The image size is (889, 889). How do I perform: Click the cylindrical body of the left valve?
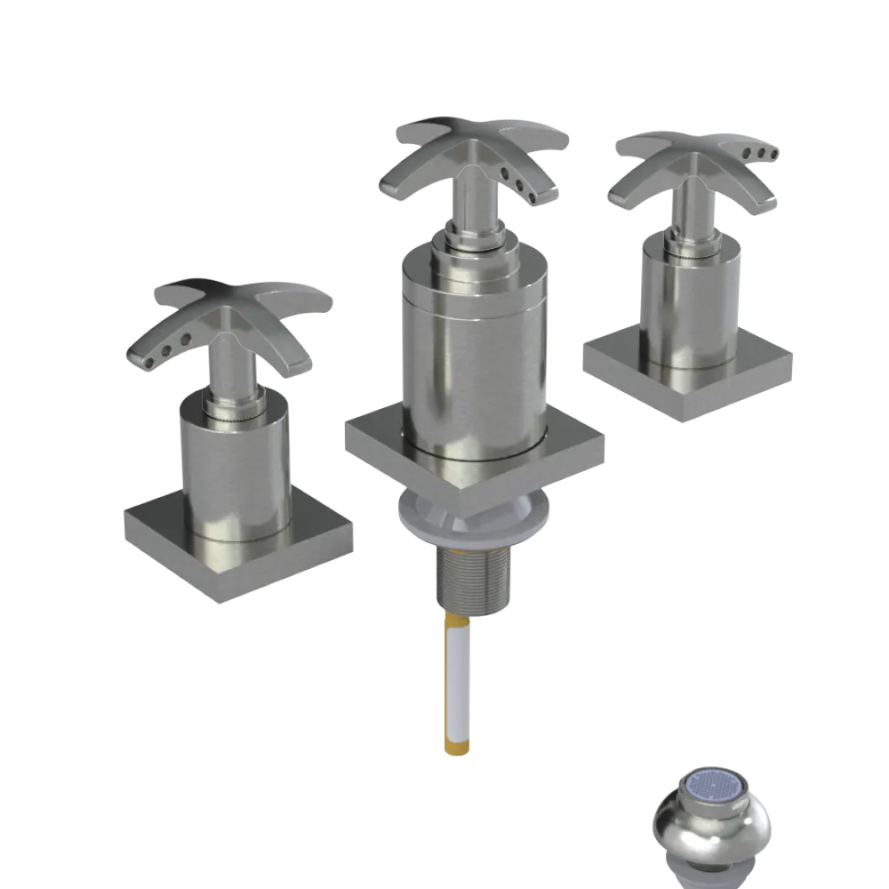(236, 471)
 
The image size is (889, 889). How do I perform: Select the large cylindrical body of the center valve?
(471, 356)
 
